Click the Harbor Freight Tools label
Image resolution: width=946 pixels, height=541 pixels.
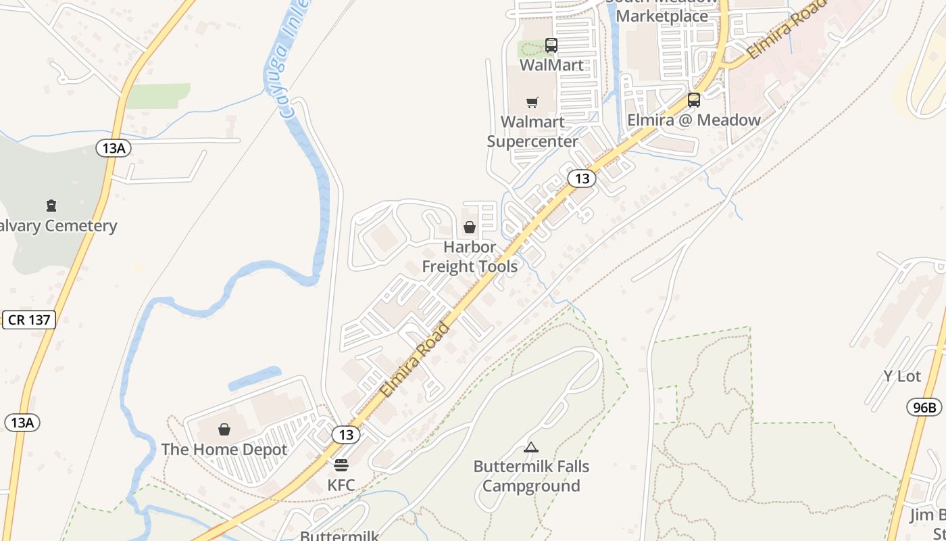(470, 257)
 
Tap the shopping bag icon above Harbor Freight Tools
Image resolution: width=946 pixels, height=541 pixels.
(470, 227)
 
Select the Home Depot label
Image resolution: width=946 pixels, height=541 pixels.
(224, 450)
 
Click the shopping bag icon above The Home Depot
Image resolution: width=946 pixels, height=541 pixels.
(224, 429)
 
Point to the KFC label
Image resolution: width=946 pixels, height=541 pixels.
(341, 485)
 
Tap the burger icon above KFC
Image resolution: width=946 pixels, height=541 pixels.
(341, 465)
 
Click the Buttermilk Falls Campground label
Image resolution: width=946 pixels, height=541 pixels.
(531, 476)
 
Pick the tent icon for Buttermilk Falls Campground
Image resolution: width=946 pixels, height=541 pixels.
(531, 447)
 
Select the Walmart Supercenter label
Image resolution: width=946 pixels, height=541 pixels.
(532, 132)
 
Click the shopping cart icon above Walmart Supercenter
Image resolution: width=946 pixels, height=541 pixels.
(532, 103)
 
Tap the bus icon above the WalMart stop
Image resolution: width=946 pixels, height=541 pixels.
(551, 45)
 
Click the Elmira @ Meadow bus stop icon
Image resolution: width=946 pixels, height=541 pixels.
(694, 100)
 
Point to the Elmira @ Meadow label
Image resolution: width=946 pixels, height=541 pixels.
(694, 120)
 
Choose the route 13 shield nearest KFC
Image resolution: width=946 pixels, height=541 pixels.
(346, 435)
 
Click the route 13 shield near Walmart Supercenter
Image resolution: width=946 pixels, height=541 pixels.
(582, 179)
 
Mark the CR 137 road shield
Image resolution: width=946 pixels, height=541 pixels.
(30, 320)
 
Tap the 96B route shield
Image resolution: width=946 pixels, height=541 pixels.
(924, 407)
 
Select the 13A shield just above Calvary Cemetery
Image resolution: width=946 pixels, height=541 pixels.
(114, 148)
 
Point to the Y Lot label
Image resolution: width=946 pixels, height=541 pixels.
(902, 377)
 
